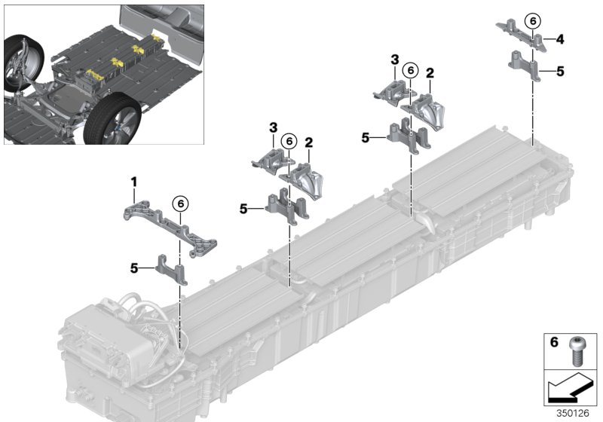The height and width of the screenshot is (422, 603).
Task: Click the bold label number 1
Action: point(134,182)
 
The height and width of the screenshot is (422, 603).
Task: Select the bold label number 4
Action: point(559,38)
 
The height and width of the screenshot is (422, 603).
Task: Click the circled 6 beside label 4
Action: point(533,22)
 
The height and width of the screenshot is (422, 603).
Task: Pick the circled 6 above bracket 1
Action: point(179,202)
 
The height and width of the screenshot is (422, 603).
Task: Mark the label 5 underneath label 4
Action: point(559,72)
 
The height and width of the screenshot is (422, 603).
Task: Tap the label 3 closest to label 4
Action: point(394,59)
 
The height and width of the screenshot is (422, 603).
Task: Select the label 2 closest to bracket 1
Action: point(308,142)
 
